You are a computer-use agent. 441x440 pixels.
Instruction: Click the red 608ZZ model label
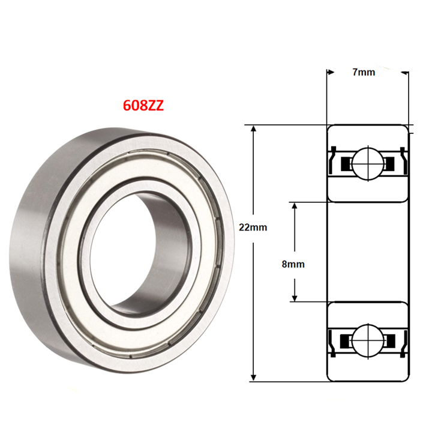tap(143, 106)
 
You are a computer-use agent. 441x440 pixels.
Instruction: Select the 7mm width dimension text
tap(363, 72)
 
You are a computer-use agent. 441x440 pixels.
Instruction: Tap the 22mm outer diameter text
tap(252, 228)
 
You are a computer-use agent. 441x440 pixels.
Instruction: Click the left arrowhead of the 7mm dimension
tap(330, 73)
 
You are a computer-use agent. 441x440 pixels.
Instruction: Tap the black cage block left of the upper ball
tap(345, 163)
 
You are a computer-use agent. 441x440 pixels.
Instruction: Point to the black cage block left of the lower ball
tap(345, 341)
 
